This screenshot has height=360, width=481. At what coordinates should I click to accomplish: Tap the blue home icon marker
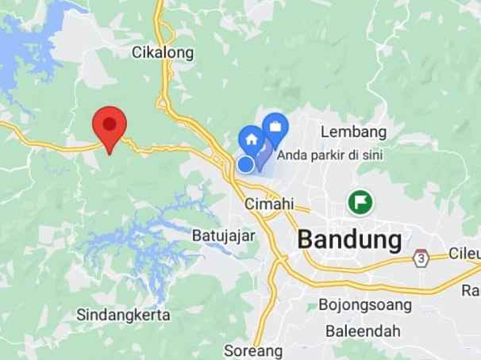pos(252,138)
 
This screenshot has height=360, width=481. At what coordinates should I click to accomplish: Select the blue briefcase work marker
pos(275,127)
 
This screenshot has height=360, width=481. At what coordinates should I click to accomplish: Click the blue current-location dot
pos(246,163)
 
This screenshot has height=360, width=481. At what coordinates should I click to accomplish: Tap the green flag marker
pos(361,202)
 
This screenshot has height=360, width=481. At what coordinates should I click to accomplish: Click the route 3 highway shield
pos(420,258)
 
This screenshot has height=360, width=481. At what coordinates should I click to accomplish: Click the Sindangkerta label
pos(124,315)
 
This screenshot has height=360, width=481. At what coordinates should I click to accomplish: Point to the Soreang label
pos(253,350)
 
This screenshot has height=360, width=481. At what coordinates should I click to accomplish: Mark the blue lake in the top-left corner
pos(20,48)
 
